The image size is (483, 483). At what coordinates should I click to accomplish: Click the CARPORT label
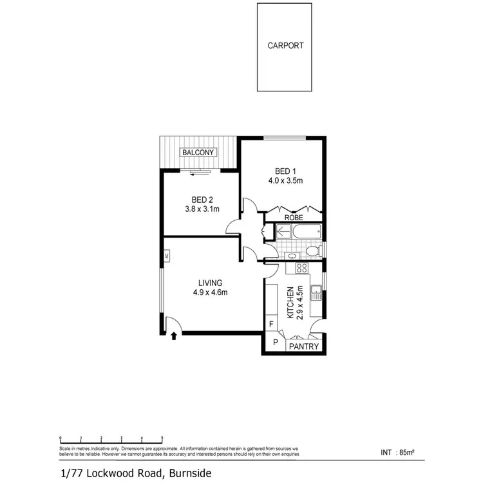(x=286, y=46)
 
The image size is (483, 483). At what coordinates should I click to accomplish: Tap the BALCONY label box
(x=199, y=153)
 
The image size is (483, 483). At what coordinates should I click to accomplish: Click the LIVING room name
(x=211, y=283)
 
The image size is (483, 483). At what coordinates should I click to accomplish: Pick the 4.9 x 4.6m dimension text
(x=211, y=292)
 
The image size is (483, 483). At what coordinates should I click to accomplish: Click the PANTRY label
(x=304, y=346)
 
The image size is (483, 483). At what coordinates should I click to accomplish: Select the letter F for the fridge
(x=272, y=324)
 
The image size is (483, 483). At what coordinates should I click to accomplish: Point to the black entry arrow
(x=174, y=334)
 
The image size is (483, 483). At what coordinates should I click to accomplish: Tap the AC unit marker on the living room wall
(x=166, y=256)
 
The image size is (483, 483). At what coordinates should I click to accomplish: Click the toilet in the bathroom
(x=312, y=251)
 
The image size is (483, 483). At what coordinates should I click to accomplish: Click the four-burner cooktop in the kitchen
(x=301, y=267)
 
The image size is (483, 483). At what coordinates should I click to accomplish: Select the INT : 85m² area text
(x=397, y=452)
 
